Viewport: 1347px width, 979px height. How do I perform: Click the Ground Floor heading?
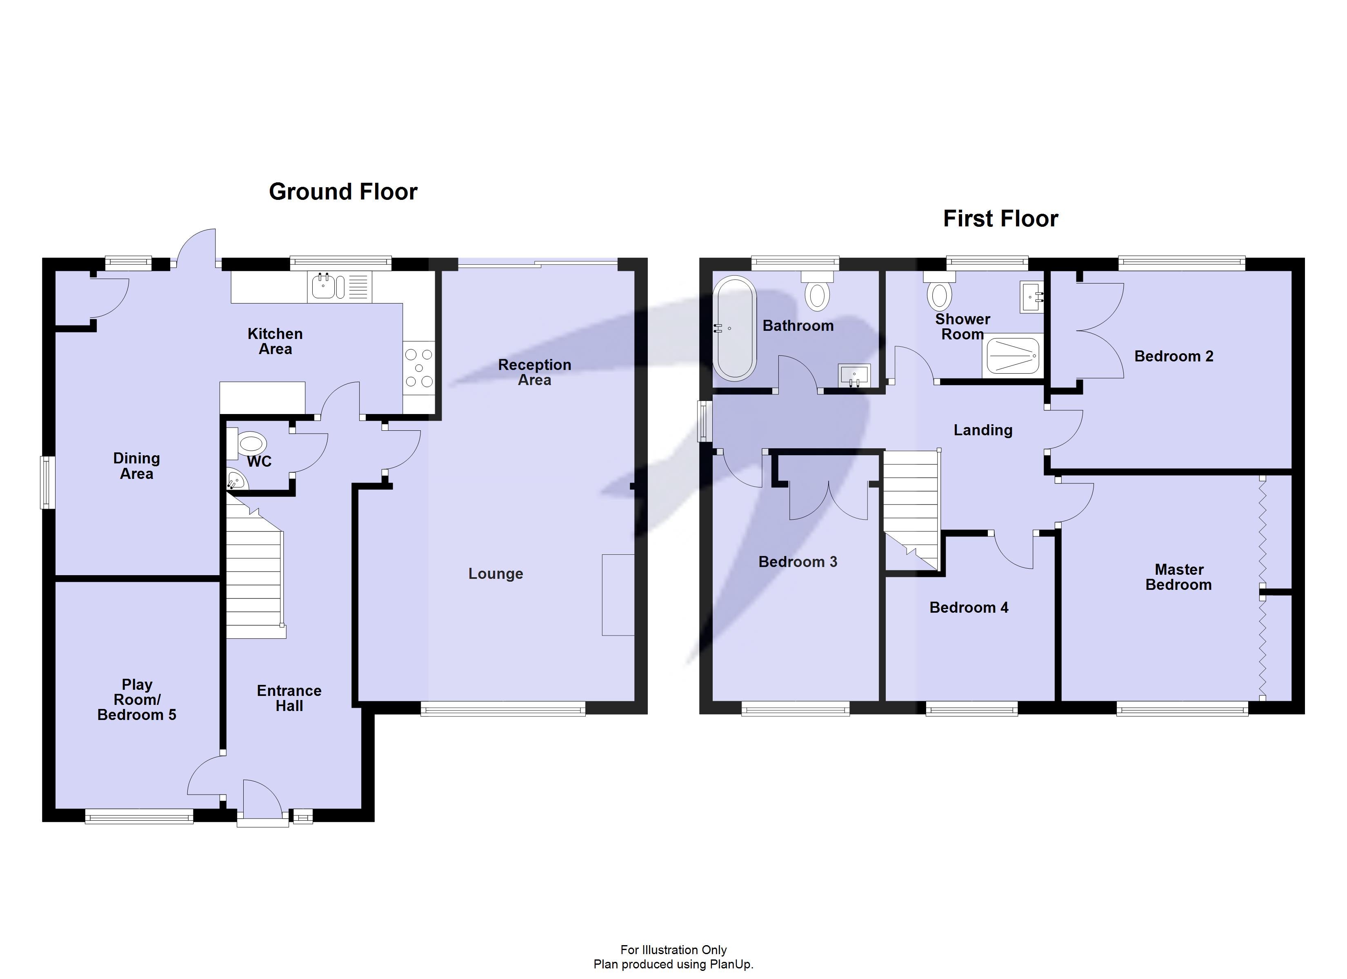pyautogui.click(x=343, y=192)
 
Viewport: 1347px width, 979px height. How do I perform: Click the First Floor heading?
pyautogui.click(x=1000, y=219)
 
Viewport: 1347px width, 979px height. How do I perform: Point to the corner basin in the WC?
pyautogui.click(x=235, y=480)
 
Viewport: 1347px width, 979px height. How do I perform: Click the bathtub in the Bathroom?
pyautogui.click(x=735, y=328)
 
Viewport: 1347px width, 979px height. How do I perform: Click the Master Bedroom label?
pyautogui.click(x=1178, y=577)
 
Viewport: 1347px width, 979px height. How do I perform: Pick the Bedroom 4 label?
pyautogui.click(x=969, y=607)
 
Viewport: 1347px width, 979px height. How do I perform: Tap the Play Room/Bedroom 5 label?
pyautogui.click(x=137, y=700)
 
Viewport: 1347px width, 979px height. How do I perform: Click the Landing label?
pyautogui.click(x=983, y=430)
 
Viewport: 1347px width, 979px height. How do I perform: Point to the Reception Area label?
pyautogui.click(x=535, y=372)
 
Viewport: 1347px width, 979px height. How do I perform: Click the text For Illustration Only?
pyautogui.click(x=673, y=950)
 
